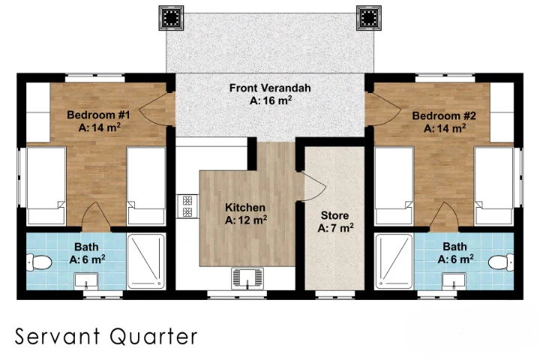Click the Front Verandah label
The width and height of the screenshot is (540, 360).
tap(270, 94)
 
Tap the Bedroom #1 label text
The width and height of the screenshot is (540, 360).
tap(99, 121)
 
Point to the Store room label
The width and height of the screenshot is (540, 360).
tap(335, 220)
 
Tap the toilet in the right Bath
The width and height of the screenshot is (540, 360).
tap(500, 262)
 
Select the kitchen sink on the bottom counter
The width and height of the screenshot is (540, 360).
tap(247, 278)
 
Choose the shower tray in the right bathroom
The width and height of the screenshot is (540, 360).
tap(394, 262)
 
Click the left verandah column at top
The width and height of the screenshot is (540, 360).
tap(172, 17)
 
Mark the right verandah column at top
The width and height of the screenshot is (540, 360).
tap(368, 17)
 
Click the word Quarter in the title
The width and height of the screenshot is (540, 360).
tap(157, 336)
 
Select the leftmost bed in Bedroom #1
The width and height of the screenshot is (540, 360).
tap(46, 184)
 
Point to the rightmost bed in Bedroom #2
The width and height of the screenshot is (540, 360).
tap(493, 184)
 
